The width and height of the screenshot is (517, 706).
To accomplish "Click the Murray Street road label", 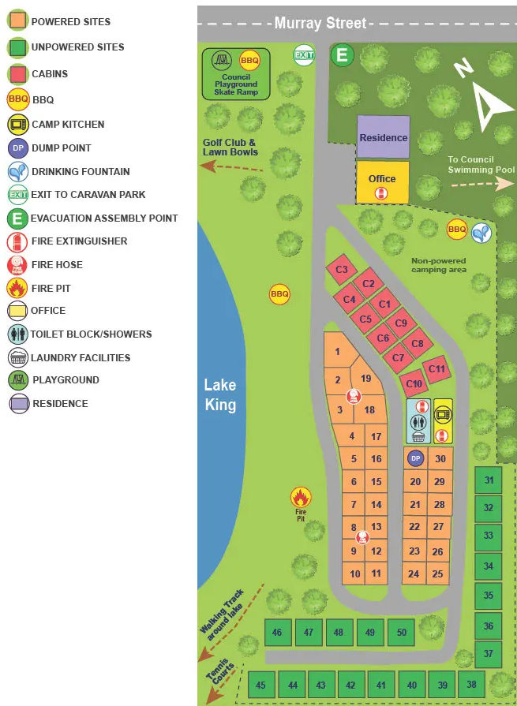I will pos(320,23).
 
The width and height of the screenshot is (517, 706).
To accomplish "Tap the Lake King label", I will pos(219,394).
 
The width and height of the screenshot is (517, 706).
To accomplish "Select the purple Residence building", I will pos(384,137).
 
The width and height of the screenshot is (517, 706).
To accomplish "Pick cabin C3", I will pos(342,270).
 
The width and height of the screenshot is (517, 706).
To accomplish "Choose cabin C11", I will pos(436,368).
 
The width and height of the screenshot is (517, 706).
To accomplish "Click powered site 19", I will pos(365,379).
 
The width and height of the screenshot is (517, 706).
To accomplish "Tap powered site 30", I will pos(440,459).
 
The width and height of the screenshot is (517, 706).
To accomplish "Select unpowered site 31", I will pos(489,480).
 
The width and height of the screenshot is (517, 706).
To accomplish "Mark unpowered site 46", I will pos(277,632).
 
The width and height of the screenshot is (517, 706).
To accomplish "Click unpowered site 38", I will pos(471,684).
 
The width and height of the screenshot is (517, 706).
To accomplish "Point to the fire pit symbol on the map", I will pos(300,498).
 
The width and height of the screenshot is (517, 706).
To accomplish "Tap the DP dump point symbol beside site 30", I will pos(415,458).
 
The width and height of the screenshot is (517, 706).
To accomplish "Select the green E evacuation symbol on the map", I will pos(343,55).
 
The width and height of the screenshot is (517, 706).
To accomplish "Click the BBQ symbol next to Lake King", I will pos(279,294).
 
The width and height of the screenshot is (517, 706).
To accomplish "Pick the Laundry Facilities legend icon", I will pos(18,357).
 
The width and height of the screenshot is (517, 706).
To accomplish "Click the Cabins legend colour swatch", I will pos(18,73).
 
